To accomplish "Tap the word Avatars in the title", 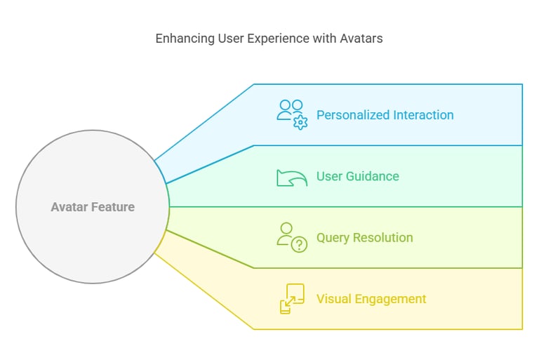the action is [x=361, y=38].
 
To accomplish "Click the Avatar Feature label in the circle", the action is [x=93, y=207].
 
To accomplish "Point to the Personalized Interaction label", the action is [x=385, y=115].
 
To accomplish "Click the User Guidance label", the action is [x=357, y=176].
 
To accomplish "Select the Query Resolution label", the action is [x=365, y=238].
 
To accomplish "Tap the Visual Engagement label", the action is [x=371, y=299].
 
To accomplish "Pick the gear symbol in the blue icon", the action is [x=300, y=123].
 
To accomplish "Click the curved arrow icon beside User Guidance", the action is [x=292, y=178].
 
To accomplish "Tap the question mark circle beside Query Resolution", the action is [x=300, y=245].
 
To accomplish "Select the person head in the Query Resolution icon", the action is [x=286, y=228].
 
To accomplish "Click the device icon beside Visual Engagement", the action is [x=292, y=298].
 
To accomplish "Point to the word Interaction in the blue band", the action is [x=423, y=115].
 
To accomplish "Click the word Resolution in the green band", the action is [x=383, y=238].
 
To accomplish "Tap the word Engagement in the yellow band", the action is [x=390, y=299].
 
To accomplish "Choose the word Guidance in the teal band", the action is [x=372, y=176].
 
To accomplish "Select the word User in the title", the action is [x=231, y=38].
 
